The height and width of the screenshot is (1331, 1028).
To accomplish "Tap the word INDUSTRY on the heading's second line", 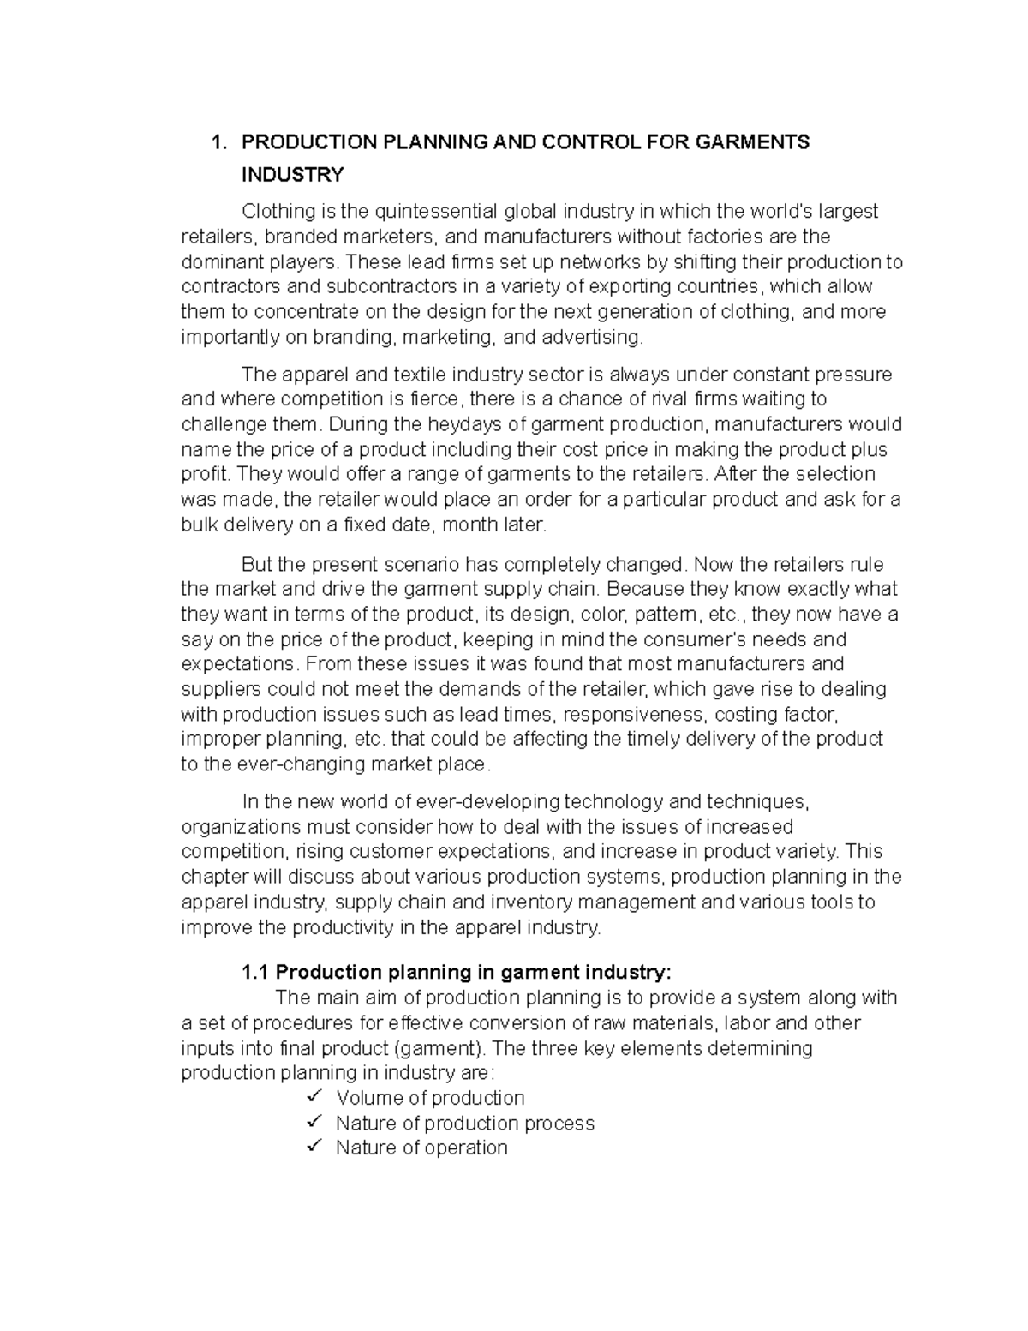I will coord(292,176).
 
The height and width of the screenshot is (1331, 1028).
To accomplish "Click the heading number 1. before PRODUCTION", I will coord(218,142).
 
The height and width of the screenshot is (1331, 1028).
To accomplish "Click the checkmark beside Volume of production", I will coord(314,1097).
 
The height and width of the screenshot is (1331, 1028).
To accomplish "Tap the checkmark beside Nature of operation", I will coord(314,1147).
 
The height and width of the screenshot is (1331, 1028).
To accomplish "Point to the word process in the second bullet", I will coord(559,1124).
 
